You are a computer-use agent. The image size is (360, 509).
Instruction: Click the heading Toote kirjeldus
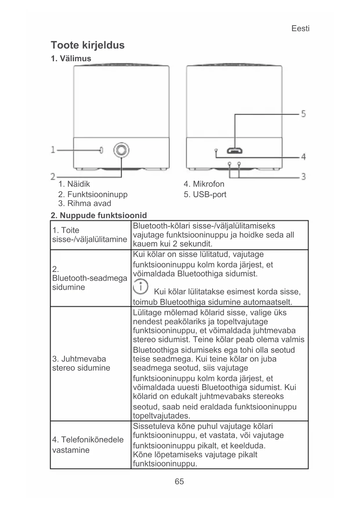[x=88, y=45]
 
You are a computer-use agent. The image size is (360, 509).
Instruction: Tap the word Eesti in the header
[x=300, y=28]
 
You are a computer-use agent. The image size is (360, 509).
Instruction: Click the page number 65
[x=179, y=481]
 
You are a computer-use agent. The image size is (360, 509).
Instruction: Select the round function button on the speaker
[x=121, y=150]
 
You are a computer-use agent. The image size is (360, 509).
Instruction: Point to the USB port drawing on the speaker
[x=235, y=151]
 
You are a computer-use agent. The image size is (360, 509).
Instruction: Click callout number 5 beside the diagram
[x=303, y=113]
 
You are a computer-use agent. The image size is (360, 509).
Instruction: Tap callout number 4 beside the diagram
[x=303, y=157]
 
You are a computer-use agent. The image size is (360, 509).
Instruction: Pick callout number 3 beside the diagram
[x=303, y=176]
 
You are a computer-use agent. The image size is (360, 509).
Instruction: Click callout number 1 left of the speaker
[x=53, y=150]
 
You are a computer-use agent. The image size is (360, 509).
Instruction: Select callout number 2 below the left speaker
[x=53, y=176]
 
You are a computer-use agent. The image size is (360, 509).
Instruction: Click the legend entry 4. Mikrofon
[x=204, y=184]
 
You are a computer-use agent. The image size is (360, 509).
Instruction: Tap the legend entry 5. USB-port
[x=205, y=194]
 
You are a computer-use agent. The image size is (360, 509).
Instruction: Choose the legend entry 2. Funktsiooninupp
[x=93, y=194]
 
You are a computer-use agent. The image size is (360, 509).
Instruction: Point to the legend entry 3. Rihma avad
[x=85, y=203]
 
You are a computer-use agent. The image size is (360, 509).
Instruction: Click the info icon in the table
[x=140, y=286]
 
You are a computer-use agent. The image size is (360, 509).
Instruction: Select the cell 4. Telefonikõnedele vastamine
[x=88, y=445]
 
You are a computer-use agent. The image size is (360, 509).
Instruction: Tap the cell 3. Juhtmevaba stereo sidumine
[x=81, y=363]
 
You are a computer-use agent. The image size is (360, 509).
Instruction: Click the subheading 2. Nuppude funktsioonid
[x=99, y=215]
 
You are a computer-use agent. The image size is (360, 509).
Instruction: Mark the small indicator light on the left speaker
[x=101, y=150]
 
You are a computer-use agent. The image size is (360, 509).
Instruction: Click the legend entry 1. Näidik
[x=74, y=184]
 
